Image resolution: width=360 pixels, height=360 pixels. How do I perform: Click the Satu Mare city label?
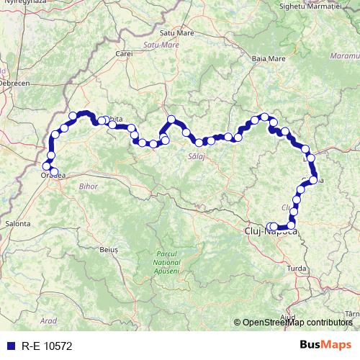177,32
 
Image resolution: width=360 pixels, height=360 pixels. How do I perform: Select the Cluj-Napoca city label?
271,232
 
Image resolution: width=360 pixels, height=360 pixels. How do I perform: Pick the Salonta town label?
18,224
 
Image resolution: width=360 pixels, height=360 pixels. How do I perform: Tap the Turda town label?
318,268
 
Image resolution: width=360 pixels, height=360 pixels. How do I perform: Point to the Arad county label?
49,320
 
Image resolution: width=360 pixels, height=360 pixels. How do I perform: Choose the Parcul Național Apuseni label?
167,264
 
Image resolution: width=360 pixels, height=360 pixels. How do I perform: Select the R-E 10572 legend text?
47,346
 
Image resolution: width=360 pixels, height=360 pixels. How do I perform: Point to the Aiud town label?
289,317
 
